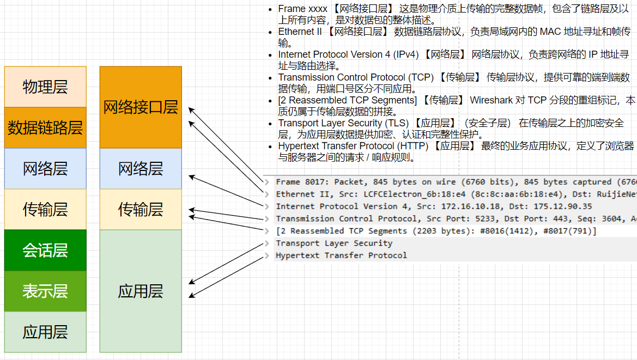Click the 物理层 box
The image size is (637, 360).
[x=45, y=87]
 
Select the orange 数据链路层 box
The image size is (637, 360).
[x=45, y=128]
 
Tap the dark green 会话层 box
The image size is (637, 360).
[x=45, y=250]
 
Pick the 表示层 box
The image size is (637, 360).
[x=45, y=291]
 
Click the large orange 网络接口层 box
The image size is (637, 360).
[x=141, y=107]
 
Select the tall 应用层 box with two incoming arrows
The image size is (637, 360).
[x=141, y=291]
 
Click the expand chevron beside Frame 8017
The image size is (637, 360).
[x=267, y=182]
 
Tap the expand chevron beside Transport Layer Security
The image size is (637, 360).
[x=267, y=243]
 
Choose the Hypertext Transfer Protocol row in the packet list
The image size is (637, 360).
[x=341, y=255]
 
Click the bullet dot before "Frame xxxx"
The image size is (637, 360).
[x=271, y=9]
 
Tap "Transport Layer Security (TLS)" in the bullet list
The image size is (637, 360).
[x=343, y=123]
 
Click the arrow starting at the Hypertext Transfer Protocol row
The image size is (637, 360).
[x=226, y=277]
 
